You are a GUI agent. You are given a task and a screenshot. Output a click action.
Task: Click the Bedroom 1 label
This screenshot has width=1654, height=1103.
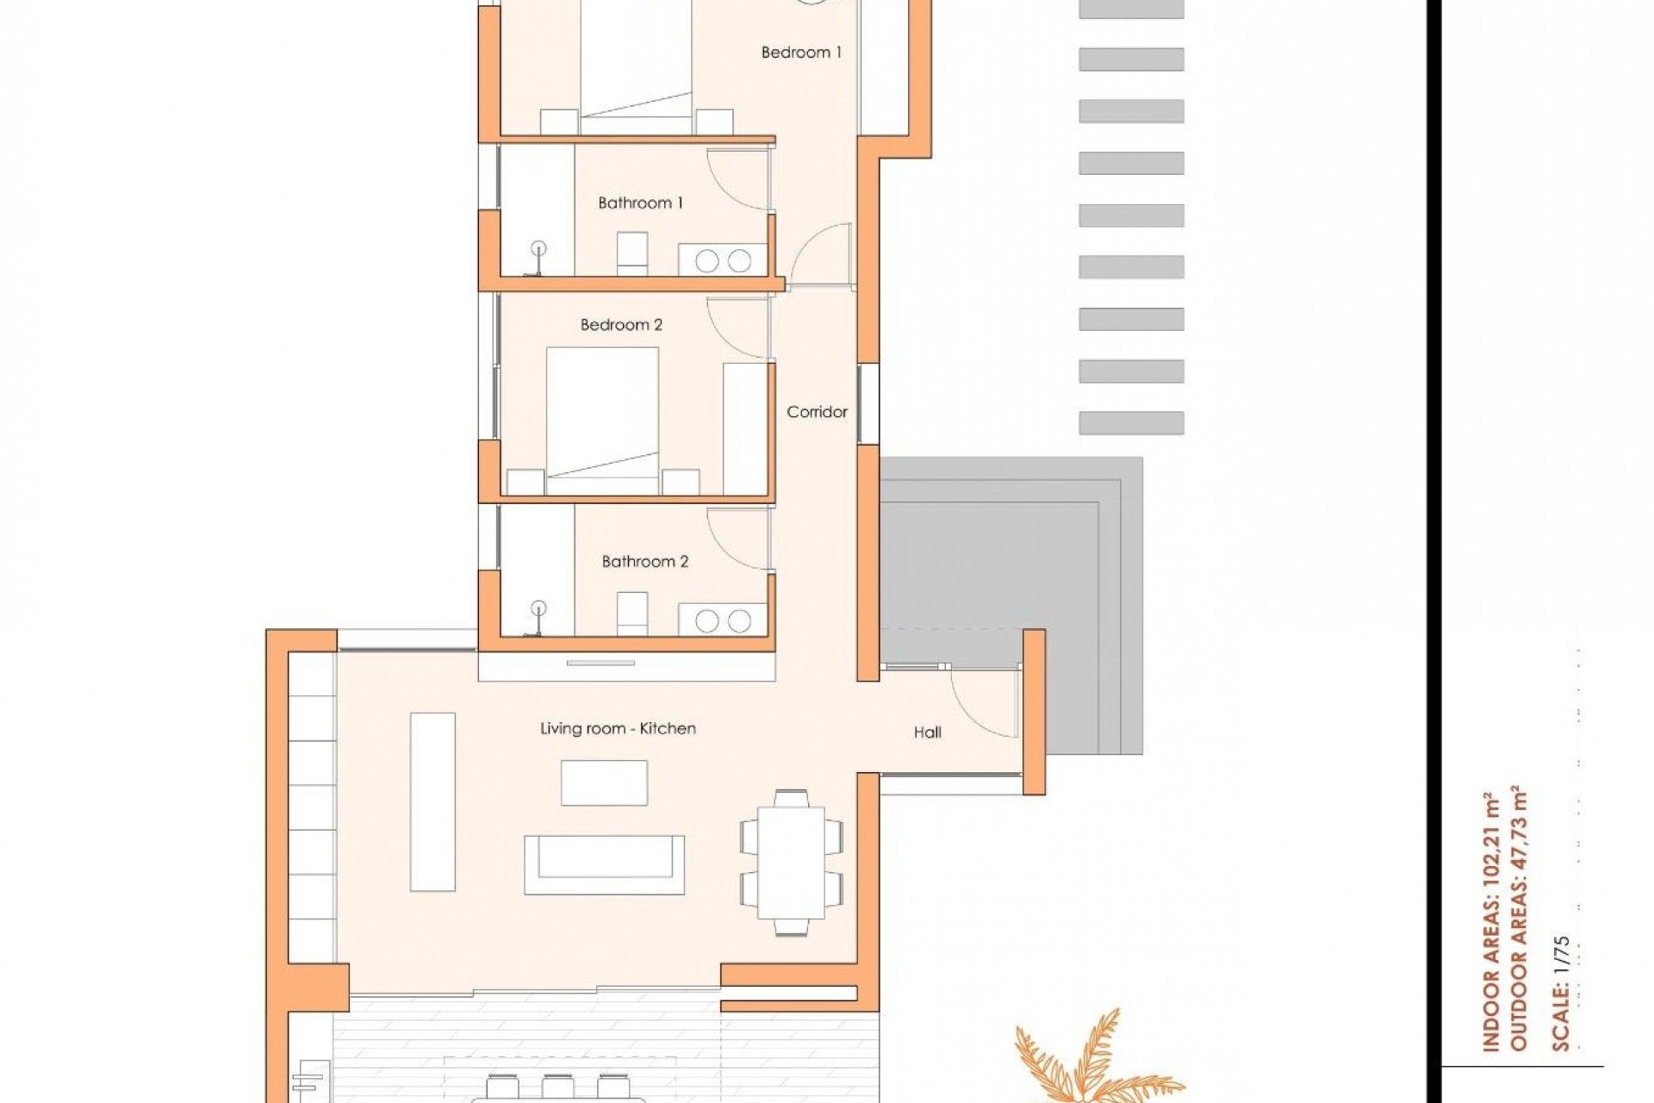click(x=801, y=53)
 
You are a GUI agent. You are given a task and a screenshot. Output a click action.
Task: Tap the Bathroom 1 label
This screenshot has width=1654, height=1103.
click(x=640, y=203)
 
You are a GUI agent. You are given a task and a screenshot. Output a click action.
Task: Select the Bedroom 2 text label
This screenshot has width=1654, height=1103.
click(x=621, y=325)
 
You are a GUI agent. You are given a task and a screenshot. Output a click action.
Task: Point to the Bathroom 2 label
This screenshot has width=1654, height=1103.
click(x=644, y=562)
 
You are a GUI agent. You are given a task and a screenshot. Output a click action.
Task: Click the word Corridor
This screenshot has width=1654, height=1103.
click(x=817, y=412)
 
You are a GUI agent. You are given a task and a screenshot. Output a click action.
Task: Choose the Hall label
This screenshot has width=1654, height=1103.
click(x=927, y=732)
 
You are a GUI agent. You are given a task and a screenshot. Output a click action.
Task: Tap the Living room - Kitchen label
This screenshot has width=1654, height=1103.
click(x=618, y=728)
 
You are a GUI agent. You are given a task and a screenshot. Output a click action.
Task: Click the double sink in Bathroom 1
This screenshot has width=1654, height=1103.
click(x=722, y=260)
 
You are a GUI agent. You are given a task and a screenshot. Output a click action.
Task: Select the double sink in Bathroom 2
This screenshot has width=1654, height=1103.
click(x=722, y=620)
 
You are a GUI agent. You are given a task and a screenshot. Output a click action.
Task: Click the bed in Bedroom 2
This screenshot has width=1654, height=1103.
click(x=602, y=421)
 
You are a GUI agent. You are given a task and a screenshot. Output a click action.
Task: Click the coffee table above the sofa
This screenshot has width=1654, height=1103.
click(x=604, y=782)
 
